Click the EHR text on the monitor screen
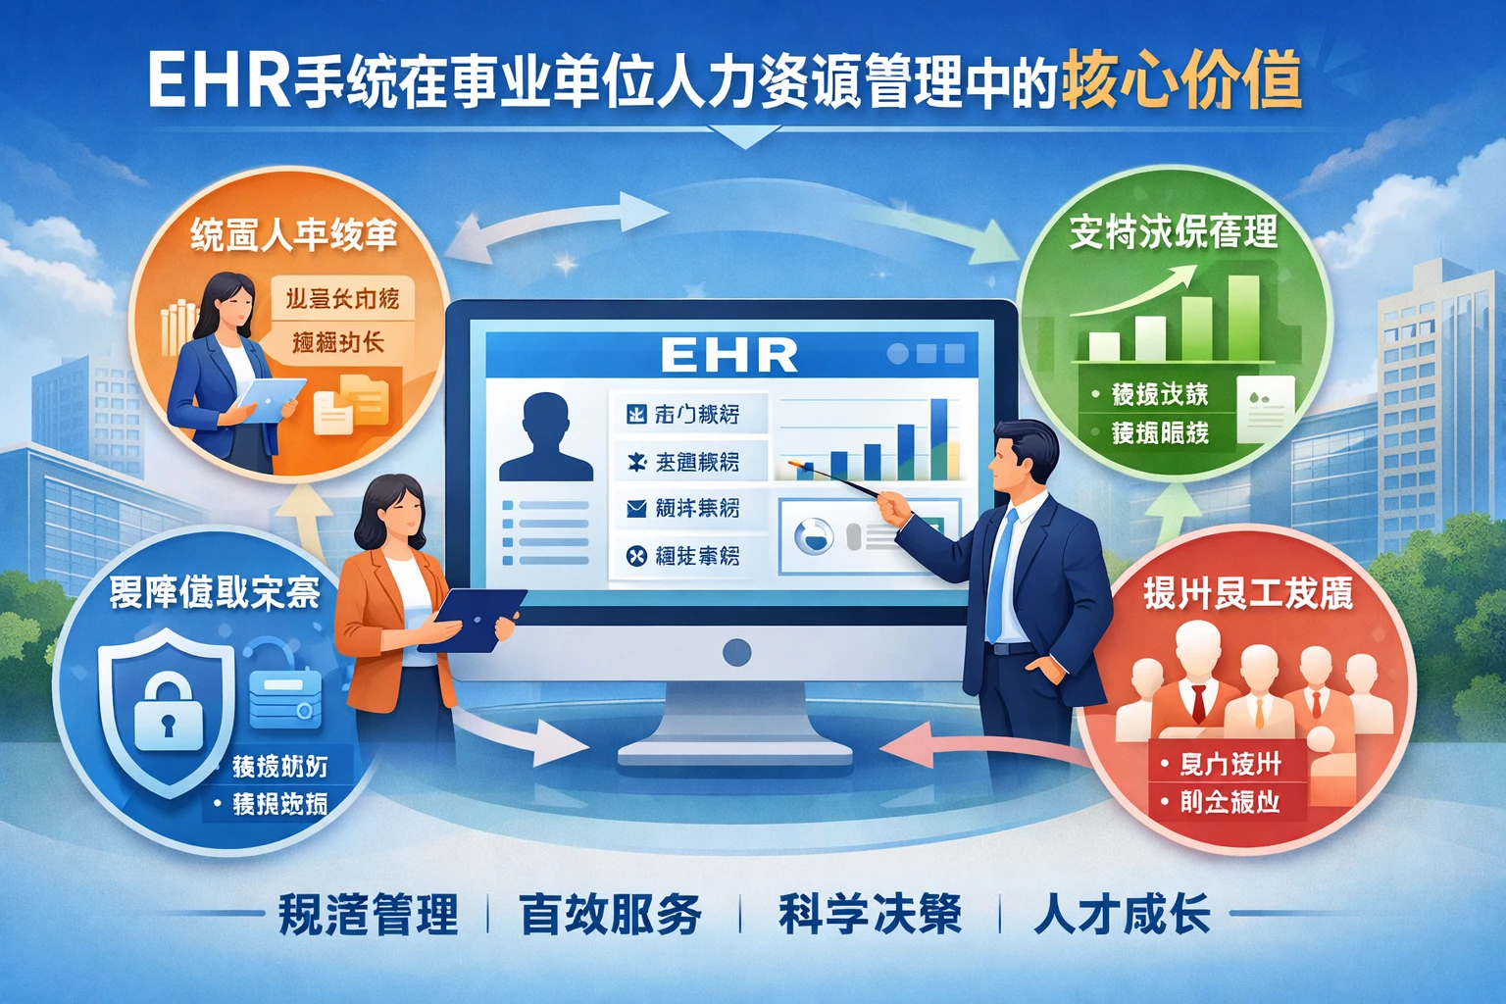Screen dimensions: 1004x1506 pyautogui.click(x=729, y=354)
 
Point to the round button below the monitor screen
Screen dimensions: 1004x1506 pyautogui.click(x=736, y=652)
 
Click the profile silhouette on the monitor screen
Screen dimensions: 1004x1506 pyautogui.click(x=546, y=438)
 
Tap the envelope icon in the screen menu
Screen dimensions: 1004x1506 pyautogui.click(x=636, y=508)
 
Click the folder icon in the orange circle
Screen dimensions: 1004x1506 pyautogui.click(x=351, y=403)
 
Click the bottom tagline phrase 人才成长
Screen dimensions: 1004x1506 pyautogui.click(x=1122, y=914)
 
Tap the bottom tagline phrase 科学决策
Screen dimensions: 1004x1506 pyautogui.click(x=870, y=914)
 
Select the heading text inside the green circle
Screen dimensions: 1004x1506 pyautogui.click(x=1174, y=232)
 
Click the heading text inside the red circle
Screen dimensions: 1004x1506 pyautogui.click(x=1248, y=592)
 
